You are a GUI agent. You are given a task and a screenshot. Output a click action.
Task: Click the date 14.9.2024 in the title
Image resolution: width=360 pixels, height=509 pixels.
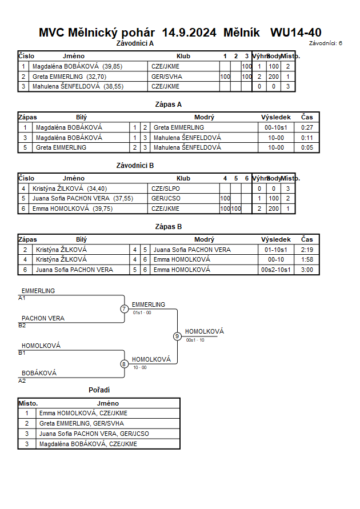189,33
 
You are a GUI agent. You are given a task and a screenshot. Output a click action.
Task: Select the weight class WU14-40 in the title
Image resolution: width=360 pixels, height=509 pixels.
296,33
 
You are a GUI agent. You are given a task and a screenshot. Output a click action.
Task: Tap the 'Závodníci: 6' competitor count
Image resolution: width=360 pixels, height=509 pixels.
325,43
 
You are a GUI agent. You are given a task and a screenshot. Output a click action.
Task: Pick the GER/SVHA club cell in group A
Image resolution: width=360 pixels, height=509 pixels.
166,77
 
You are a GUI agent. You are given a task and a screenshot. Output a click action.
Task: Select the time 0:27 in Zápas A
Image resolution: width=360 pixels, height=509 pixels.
307,127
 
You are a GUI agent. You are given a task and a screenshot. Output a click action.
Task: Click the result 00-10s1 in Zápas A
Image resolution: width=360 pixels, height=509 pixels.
276,127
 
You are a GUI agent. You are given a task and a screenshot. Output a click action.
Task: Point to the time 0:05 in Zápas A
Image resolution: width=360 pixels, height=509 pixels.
307,148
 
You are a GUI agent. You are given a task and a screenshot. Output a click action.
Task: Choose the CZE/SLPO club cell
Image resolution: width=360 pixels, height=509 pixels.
166,189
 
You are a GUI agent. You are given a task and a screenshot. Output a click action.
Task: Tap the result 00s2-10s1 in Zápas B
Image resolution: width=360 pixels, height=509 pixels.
276,270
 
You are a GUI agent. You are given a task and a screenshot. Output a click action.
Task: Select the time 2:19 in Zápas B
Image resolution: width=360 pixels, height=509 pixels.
307,250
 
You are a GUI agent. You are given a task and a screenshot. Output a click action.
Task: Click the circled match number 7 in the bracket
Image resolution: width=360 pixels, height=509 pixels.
124,308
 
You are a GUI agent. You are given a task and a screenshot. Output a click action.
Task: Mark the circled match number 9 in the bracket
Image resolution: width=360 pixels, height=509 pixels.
177,336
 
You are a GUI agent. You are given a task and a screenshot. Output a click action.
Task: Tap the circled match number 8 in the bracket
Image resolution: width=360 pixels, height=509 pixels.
124,364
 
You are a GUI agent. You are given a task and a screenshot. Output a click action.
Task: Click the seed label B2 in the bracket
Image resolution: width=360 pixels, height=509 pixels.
22,326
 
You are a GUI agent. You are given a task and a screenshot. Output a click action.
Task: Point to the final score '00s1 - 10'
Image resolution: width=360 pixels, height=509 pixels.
195,340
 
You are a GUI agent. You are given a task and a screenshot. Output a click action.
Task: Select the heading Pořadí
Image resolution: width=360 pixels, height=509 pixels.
99,390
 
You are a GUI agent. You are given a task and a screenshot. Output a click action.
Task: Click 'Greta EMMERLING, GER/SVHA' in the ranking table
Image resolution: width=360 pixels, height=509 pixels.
82,424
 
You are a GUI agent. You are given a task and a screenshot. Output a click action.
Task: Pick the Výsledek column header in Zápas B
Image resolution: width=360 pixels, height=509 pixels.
276,239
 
